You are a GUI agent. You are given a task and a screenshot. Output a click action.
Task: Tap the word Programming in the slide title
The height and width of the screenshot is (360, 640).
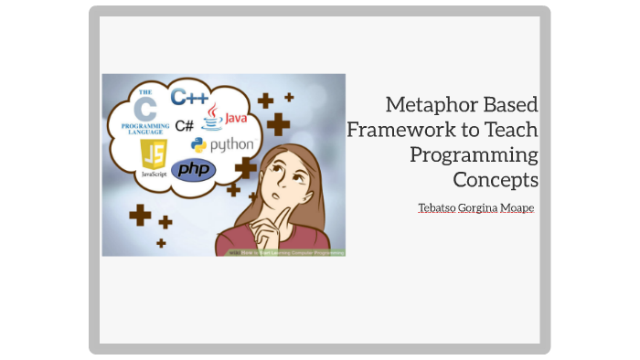point(475,154)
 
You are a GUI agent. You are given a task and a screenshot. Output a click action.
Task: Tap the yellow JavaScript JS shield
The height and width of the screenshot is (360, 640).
point(154,153)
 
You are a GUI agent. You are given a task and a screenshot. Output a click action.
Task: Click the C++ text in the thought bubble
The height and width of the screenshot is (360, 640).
point(190,98)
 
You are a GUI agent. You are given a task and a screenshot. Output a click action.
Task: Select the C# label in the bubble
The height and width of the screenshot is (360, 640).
point(184,125)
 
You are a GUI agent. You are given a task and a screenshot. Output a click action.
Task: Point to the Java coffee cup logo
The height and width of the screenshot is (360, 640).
point(212,117)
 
